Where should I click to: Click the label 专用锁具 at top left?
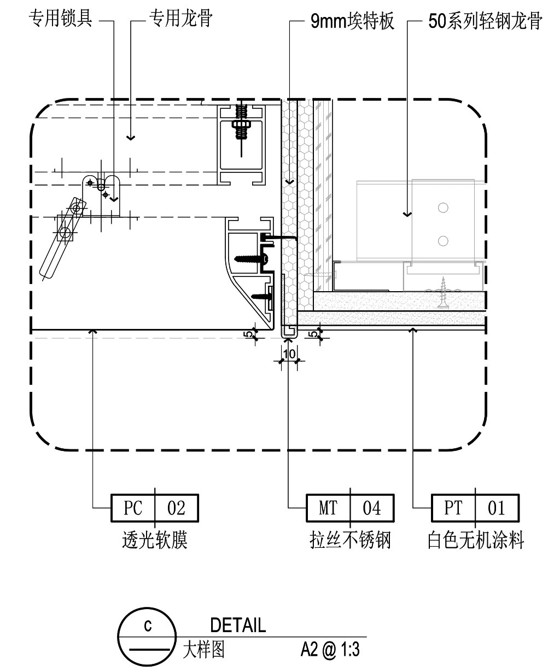click(60, 21)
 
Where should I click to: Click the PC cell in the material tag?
click(133, 508)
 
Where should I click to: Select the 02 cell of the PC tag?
click(176, 508)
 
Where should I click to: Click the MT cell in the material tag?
click(328, 508)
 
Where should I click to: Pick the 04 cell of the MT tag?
click(372, 508)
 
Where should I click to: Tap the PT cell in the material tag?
click(453, 508)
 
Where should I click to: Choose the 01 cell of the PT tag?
click(497, 508)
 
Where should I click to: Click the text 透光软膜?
click(155, 541)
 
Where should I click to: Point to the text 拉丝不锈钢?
click(350, 541)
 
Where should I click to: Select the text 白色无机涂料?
click(475, 541)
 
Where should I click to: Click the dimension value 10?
click(289, 354)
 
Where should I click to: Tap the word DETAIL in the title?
click(238, 625)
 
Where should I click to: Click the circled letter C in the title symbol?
click(147, 626)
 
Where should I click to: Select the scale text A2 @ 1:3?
click(330, 650)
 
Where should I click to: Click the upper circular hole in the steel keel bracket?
click(443, 207)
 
